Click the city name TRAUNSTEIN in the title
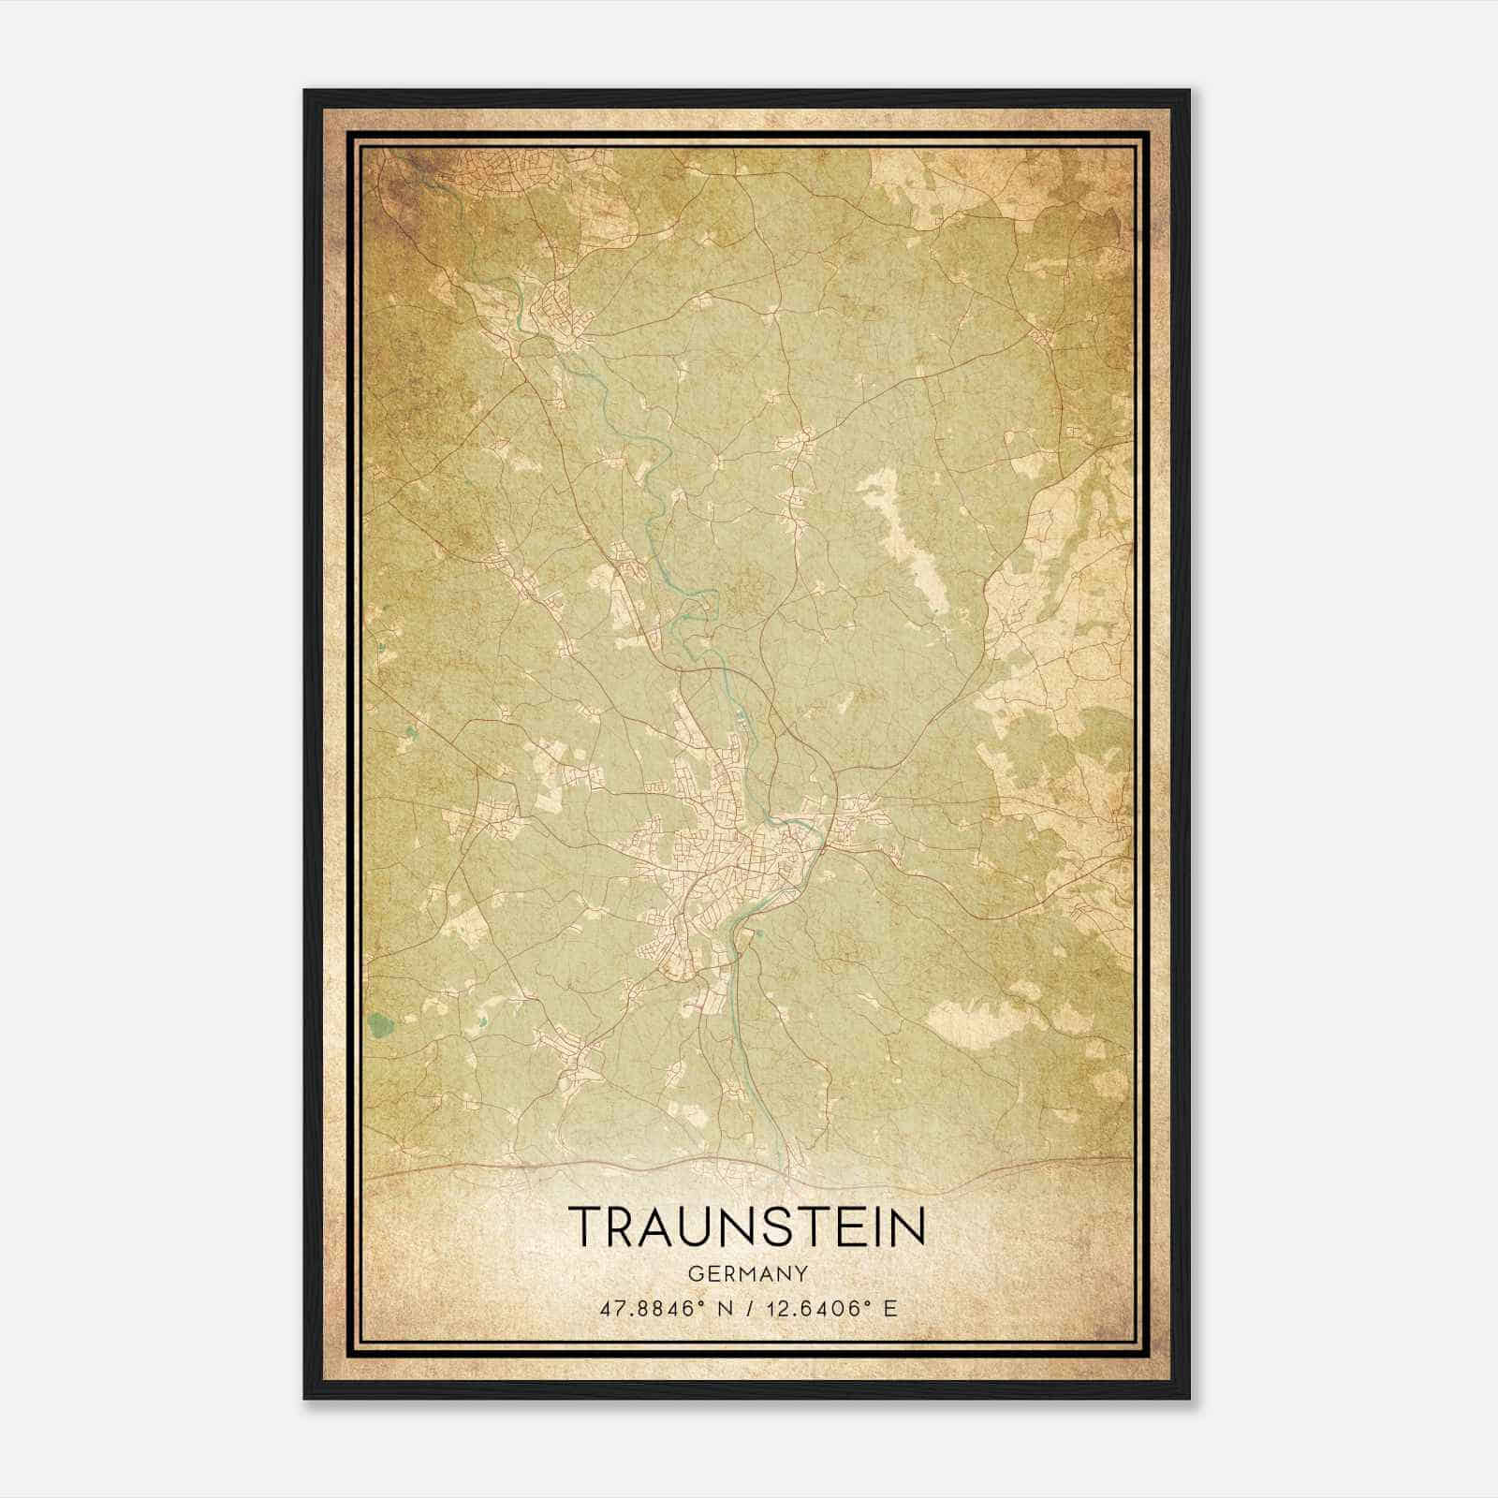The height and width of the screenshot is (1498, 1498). point(747,1226)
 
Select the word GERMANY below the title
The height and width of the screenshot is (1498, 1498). point(747,1274)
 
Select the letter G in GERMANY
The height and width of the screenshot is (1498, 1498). point(695,1274)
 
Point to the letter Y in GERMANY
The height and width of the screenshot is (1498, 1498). point(801,1274)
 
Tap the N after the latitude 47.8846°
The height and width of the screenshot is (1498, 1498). point(722,1308)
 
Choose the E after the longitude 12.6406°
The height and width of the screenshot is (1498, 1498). point(890,1308)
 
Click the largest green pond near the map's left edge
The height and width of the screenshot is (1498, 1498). point(380,1026)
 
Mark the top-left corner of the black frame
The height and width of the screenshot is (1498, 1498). point(304,91)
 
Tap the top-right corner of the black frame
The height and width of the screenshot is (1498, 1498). point(1189,91)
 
